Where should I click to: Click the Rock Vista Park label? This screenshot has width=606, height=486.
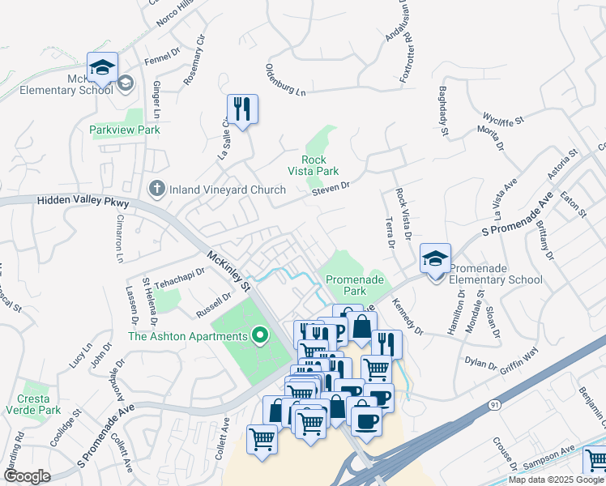pos(314,165)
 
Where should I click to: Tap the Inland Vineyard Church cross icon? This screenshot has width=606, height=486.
pos(156,189)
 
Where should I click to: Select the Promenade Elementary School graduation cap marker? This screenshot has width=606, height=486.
pos(435,260)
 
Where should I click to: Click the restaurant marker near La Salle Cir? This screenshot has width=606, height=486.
pos(242,109)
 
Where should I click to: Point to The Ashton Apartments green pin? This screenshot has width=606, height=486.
pos(260,335)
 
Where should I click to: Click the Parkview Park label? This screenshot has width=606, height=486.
pos(126,130)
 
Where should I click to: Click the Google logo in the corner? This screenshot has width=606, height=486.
pos(27,476)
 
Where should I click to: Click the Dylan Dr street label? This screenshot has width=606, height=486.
pos(481,361)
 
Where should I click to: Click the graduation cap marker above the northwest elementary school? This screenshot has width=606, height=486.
pos(102,68)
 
